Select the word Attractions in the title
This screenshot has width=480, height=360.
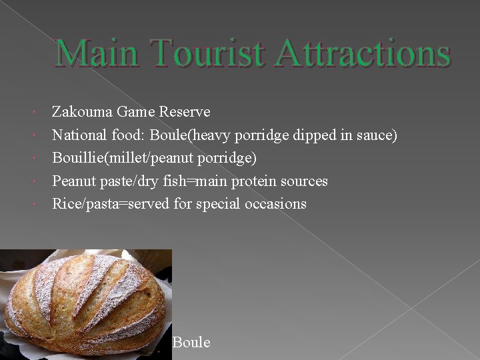pyautogui.click(x=363, y=54)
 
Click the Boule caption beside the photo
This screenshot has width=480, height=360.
pyautogui.click(x=191, y=343)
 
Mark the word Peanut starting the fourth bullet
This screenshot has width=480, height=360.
pyautogui.click(x=73, y=181)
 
